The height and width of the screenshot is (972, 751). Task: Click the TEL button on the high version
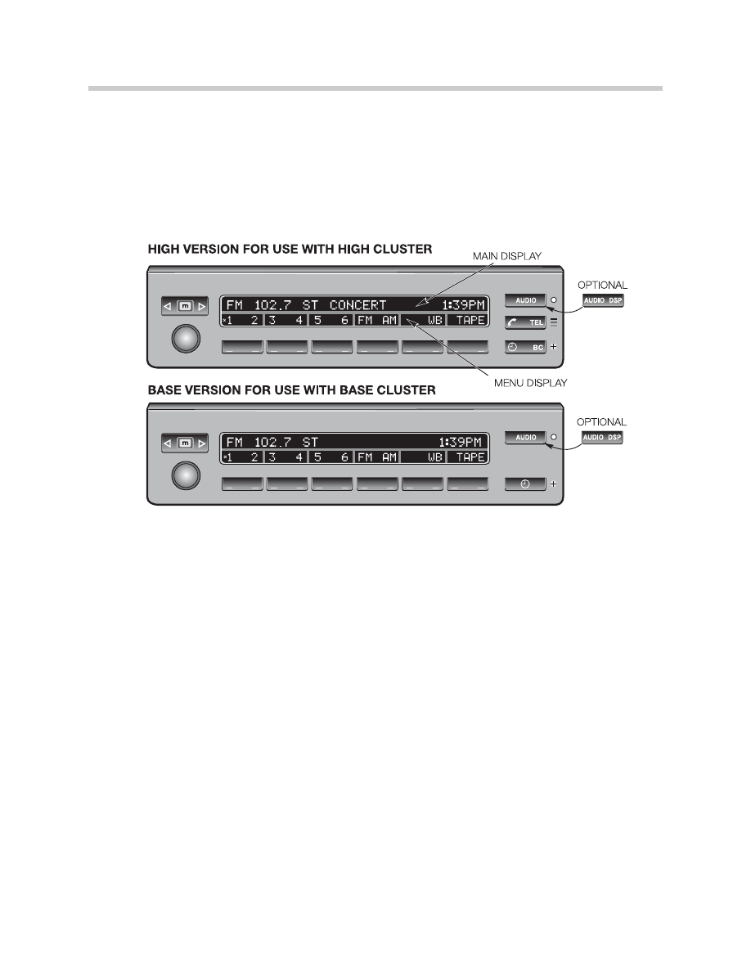pos(525,322)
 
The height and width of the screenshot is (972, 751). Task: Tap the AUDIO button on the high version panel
pos(525,300)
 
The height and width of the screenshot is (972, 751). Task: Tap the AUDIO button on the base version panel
pos(525,438)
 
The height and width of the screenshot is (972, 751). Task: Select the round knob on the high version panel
pos(185,338)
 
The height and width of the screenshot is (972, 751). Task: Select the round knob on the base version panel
pos(185,475)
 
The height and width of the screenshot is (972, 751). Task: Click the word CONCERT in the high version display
pos(358,305)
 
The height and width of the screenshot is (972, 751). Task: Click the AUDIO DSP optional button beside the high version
pos(603,300)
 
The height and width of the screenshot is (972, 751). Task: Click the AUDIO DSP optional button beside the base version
pos(603,438)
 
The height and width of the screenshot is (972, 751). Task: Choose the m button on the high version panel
pos(185,306)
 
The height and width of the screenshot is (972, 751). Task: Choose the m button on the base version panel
pos(185,443)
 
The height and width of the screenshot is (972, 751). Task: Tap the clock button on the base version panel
pos(525,484)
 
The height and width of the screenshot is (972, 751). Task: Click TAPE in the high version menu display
pos(470,320)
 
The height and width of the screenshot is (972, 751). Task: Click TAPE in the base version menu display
pos(470,457)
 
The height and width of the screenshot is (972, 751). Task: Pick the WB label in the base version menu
pos(434,457)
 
